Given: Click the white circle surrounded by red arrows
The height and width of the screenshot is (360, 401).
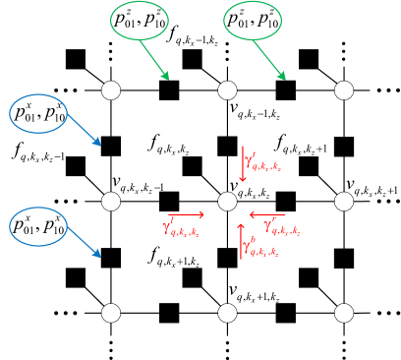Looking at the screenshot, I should (x=227, y=201).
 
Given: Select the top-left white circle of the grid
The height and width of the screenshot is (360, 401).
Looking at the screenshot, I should (x=111, y=90).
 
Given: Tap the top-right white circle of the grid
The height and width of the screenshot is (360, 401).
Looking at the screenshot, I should (x=343, y=90).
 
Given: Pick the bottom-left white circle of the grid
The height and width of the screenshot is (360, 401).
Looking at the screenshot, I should (x=111, y=313).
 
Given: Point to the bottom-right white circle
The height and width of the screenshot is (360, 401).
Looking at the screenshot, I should (x=343, y=313).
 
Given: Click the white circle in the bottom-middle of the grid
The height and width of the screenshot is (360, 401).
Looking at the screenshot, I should (x=227, y=313).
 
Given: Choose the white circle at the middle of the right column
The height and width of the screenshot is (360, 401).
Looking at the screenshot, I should (x=343, y=201).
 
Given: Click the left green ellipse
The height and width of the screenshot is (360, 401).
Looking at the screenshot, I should (x=140, y=21).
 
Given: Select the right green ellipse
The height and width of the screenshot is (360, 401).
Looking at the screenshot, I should (x=253, y=21).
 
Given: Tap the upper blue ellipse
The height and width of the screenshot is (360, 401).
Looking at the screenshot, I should (x=38, y=114).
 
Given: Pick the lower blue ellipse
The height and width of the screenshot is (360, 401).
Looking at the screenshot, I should (x=38, y=226).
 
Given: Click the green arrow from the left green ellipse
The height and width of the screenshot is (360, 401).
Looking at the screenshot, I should (x=154, y=60).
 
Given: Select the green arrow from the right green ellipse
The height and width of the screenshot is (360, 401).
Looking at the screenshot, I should (x=269, y=60).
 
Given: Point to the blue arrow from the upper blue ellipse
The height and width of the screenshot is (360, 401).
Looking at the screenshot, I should (x=84, y=130).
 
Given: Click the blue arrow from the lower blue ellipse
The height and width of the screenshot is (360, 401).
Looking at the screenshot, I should (x=84, y=242).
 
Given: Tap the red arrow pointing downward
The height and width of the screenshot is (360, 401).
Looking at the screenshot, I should (x=243, y=164).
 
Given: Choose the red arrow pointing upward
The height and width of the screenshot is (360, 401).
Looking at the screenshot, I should (x=241, y=241).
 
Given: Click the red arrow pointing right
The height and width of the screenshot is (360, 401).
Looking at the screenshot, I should (x=187, y=214).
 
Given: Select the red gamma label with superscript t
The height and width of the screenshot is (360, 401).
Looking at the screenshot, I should (x=263, y=162).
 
